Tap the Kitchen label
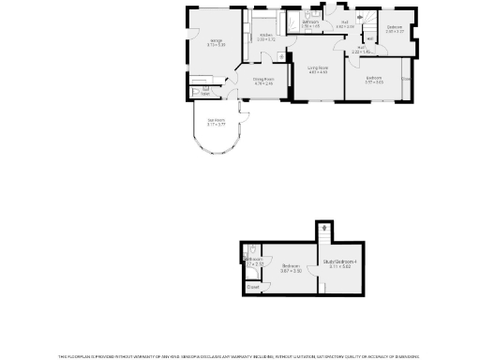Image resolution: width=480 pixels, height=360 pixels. (x=266, y=36)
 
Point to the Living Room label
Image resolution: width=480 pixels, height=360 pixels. (x=318, y=67)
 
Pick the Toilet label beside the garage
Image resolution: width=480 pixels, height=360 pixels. (x=206, y=92)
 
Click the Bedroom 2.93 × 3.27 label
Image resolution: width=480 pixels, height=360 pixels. (x=395, y=27)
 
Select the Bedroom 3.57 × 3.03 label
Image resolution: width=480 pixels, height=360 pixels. (x=374, y=78)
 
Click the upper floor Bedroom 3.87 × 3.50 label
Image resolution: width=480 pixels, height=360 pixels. (x=291, y=267)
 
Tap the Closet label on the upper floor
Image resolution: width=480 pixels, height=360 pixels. (x=253, y=286)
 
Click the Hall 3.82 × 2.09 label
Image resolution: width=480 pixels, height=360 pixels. (x=345, y=26)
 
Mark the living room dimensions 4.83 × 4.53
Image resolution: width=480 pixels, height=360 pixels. (x=318, y=72)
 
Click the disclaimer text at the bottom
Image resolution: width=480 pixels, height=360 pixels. (x=240, y=356)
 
